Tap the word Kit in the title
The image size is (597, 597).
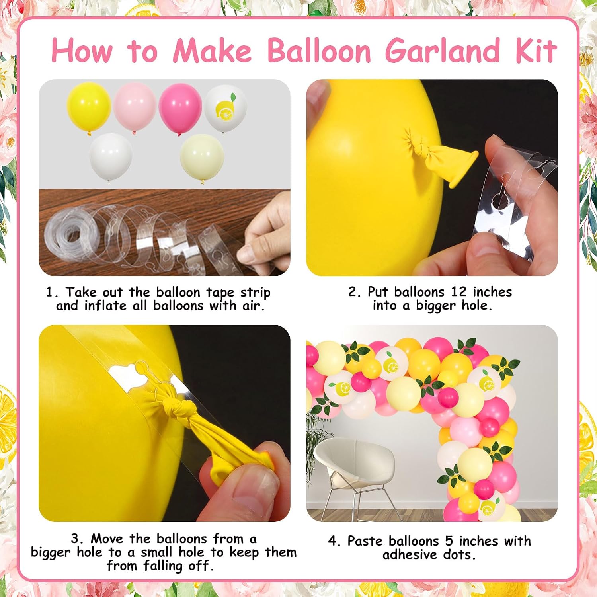(x=536, y=51)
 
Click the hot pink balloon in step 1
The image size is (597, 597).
(x=180, y=108)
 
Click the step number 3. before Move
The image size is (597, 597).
(x=78, y=539)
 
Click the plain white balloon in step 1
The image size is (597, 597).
(x=111, y=157)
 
